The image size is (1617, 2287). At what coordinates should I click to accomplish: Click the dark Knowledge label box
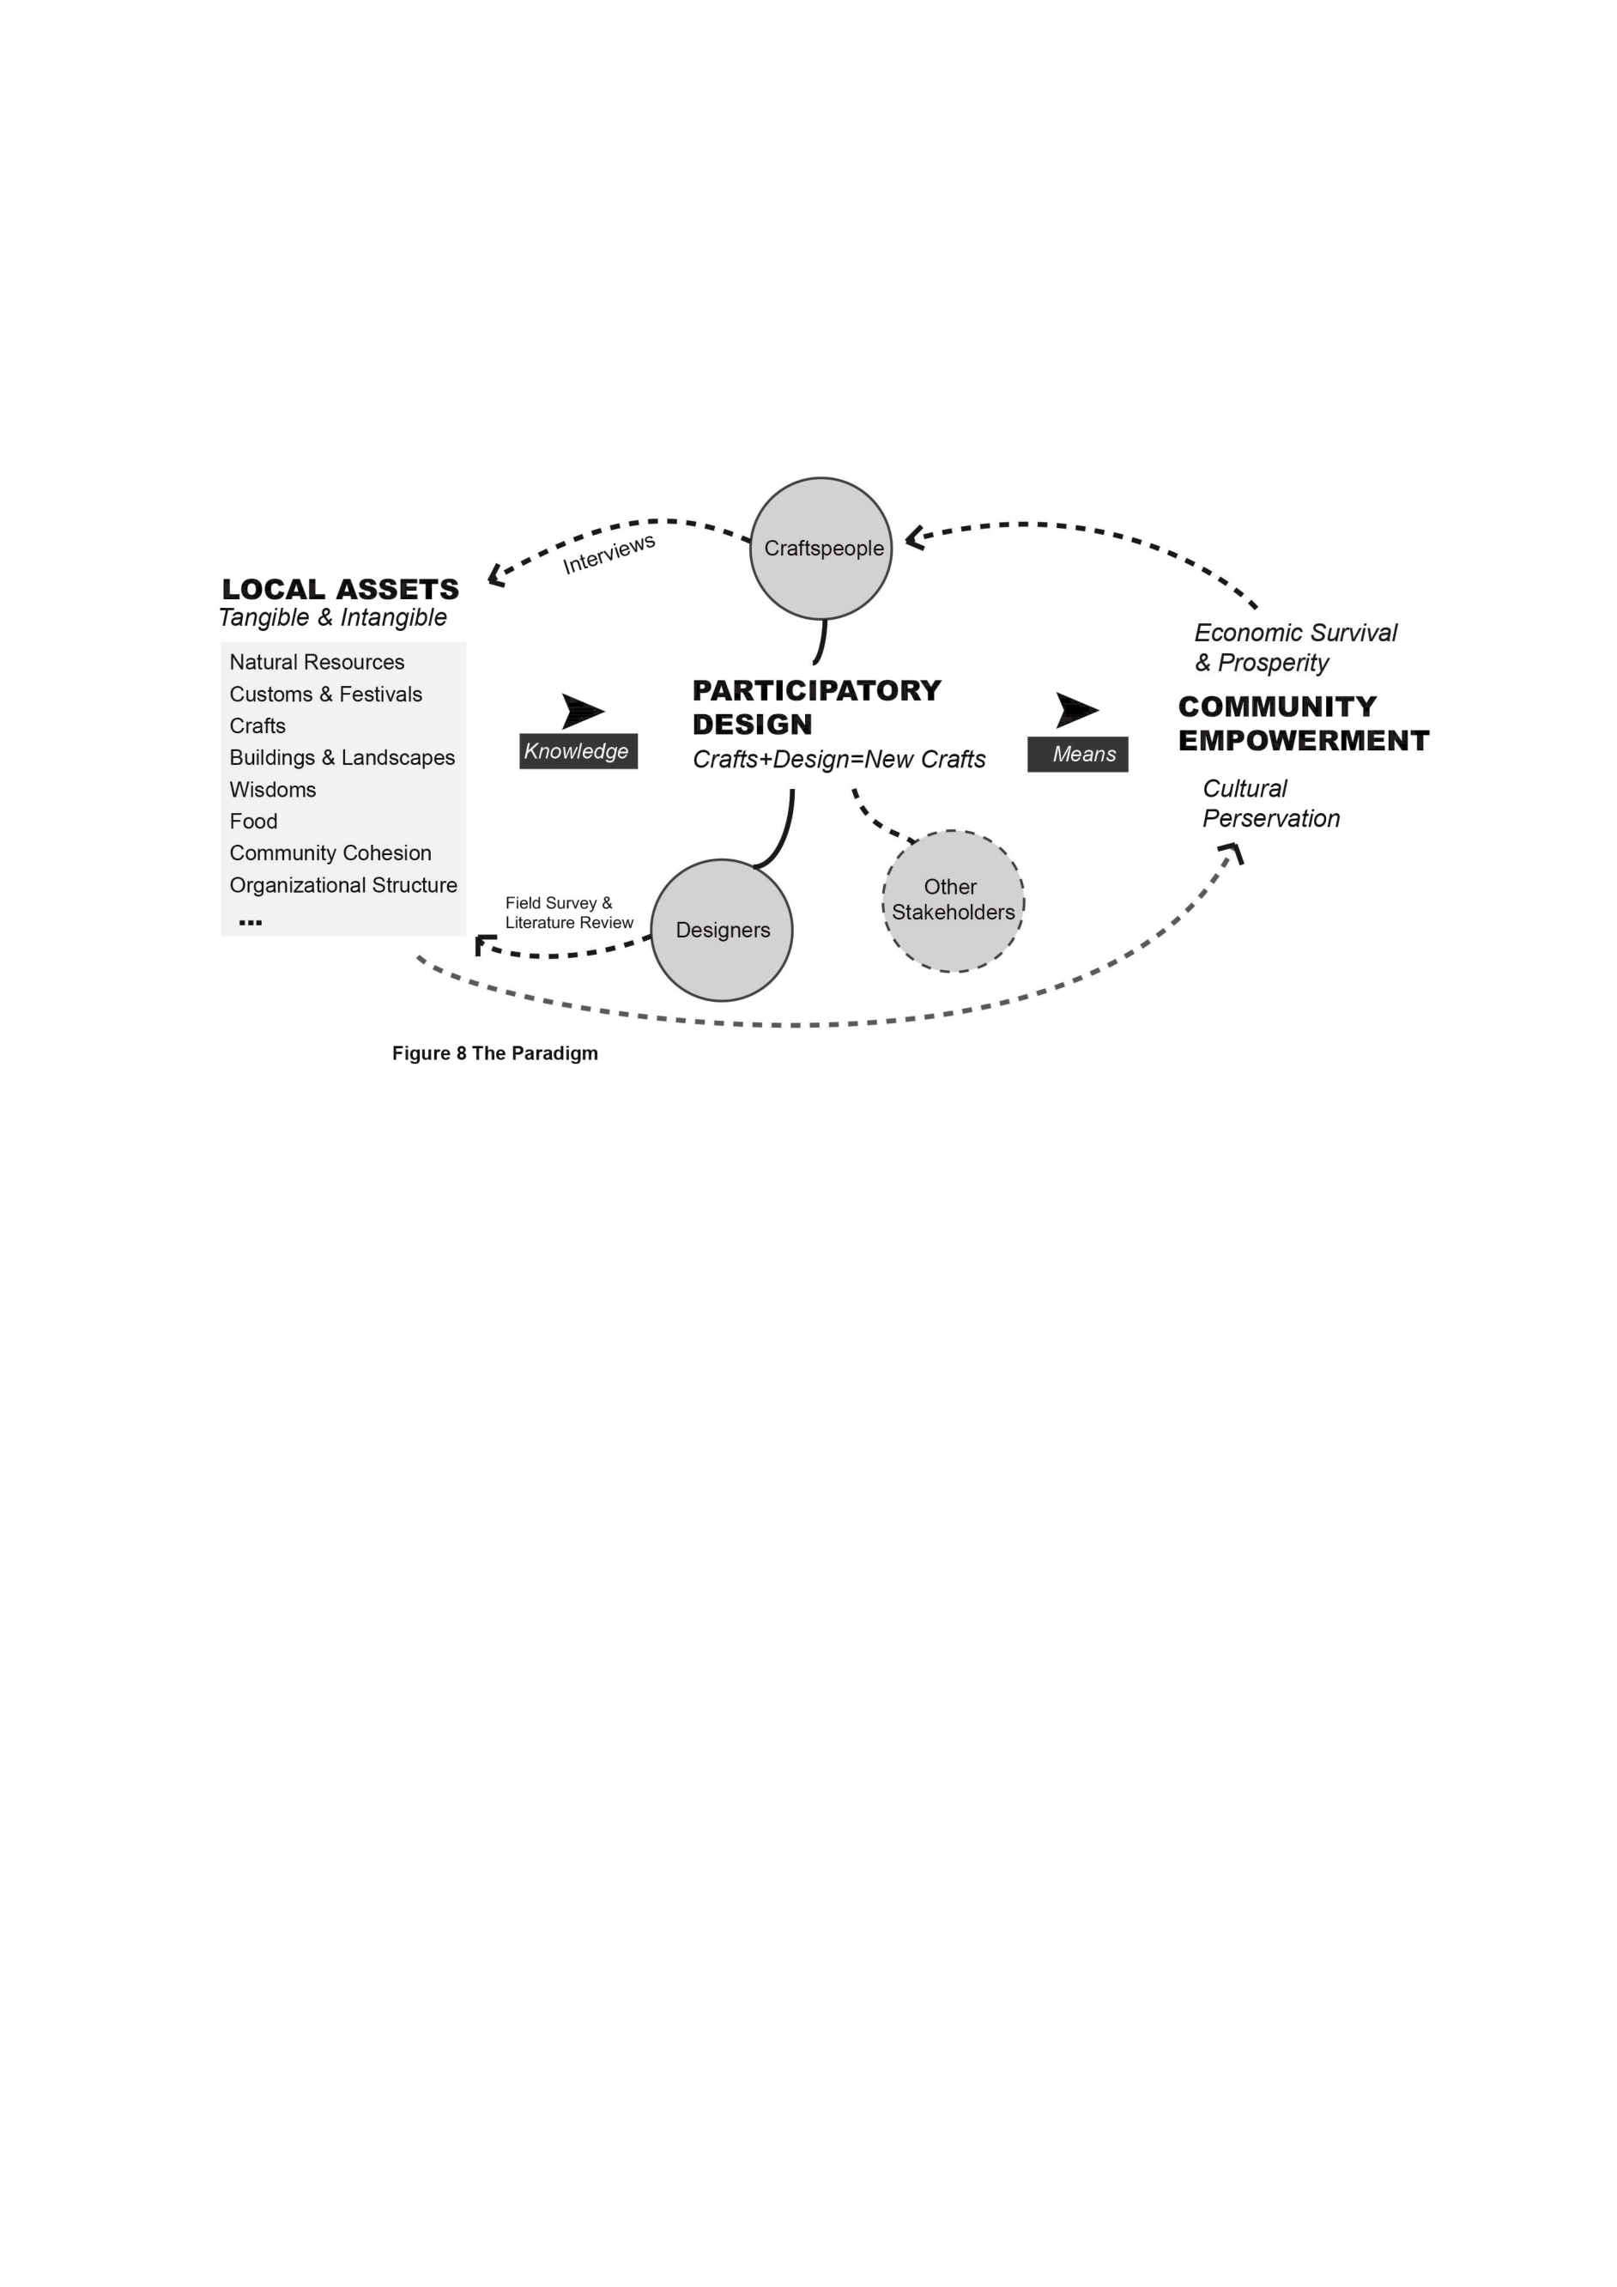(x=578, y=751)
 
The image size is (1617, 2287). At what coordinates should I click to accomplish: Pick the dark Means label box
(x=1077, y=754)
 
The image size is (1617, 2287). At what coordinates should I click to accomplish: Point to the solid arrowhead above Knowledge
(x=583, y=711)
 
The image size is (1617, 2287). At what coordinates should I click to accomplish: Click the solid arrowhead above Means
(x=1076, y=710)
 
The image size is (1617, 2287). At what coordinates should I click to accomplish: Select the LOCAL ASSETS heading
(x=341, y=589)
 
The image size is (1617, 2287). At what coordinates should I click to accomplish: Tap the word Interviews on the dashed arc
(x=609, y=554)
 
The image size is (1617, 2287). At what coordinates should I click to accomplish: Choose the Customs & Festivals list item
(x=325, y=695)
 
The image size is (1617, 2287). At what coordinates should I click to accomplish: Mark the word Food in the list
(x=253, y=822)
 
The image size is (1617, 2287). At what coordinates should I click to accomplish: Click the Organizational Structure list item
(x=343, y=885)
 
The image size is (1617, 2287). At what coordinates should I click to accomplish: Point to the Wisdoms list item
(x=273, y=790)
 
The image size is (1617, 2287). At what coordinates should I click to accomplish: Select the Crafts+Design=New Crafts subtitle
(x=839, y=759)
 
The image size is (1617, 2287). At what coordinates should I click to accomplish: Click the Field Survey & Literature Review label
(x=568, y=913)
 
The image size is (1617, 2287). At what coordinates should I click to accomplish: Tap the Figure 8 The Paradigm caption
(x=495, y=1053)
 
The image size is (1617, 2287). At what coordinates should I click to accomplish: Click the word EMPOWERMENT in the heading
(x=1304, y=741)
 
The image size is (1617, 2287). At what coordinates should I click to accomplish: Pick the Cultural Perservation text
(x=1271, y=804)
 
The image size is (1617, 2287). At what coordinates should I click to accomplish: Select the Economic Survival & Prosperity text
(x=1295, y=647)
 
